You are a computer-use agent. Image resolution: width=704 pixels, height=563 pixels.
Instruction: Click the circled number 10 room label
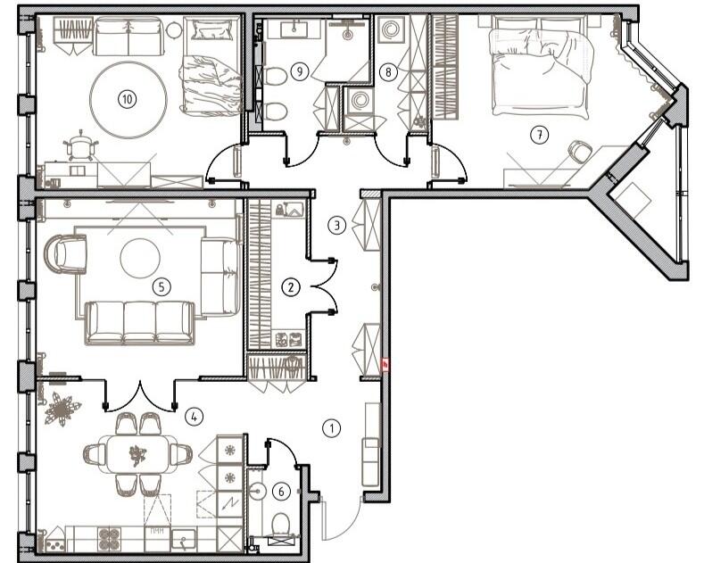click(128, 99)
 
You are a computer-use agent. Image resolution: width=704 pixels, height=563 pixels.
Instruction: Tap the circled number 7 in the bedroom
click(539, 134)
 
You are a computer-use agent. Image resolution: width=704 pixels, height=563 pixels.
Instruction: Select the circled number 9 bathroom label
click(300, 71)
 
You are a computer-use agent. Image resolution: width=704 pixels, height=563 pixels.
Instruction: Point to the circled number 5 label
click(162, 286)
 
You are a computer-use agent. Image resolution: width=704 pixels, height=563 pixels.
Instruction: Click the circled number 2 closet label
click(291, 286)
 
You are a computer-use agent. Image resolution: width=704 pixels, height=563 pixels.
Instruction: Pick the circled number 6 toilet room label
click(281, 492)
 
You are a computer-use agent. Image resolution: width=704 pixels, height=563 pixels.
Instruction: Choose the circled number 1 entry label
click(332, 428)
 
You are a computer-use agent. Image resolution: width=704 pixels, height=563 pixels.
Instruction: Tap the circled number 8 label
click(388, 71)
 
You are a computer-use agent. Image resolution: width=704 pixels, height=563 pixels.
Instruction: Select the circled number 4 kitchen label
click(194, 417)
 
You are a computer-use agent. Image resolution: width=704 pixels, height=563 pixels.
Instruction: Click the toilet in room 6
click(281, 526)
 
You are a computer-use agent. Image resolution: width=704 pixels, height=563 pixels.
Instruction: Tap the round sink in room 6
click(257, 491)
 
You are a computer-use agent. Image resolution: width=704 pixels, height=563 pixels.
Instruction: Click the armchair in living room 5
click(66, 253)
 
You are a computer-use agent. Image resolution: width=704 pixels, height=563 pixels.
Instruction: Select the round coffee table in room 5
click(140, 258)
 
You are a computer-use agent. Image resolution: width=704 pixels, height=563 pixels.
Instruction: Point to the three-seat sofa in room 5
click(140, 322)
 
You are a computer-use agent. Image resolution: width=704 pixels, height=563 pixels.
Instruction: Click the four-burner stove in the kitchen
click(110, 539)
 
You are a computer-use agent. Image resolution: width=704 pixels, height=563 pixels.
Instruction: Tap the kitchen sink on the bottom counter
click(184, 539)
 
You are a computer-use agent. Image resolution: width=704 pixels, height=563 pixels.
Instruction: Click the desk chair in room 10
click(80, 146)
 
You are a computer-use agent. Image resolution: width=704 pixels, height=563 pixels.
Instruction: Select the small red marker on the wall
click(385, 365)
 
